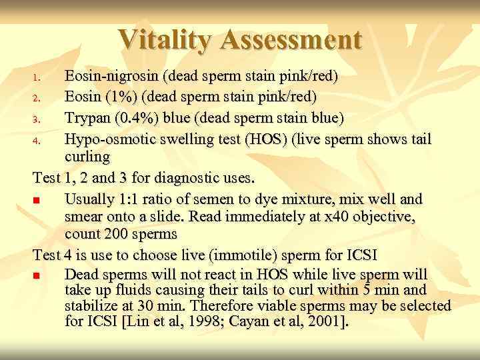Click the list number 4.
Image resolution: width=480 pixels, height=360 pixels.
(39, 141)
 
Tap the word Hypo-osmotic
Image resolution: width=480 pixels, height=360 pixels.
(108, 140)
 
